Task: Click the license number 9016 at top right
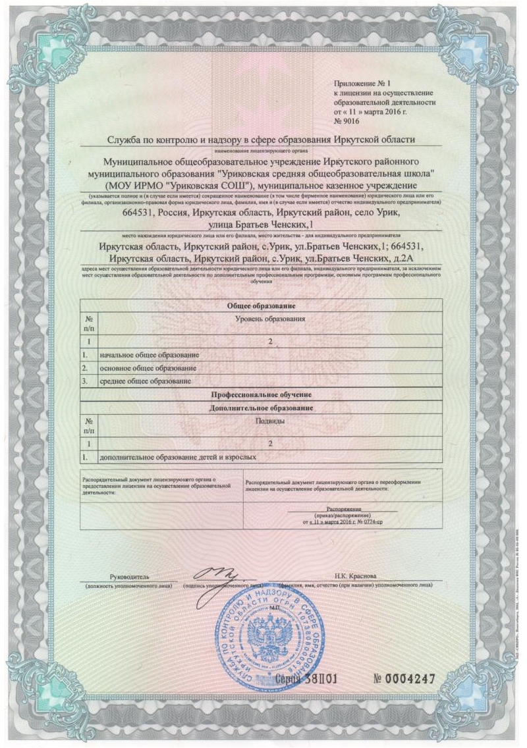click(x=354, y=122)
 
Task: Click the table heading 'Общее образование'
click(x=260, y=306)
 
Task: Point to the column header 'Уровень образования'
click(x=270, y=319)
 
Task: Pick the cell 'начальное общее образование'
click(x=149, y=356)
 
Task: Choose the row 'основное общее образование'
click(x=148, y=368)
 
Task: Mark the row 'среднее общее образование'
click(x=146, y=381)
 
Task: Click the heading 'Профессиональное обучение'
click(x=260, y=394)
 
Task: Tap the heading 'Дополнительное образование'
click(x=260, y=408)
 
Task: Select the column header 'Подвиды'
click(x=270, y=421)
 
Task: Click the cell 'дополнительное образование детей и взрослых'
click(x=177, y=456)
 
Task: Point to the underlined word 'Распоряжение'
click(x=343, y=509)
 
